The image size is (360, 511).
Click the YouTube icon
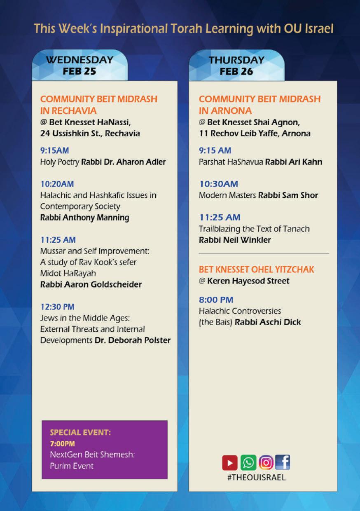(x=230, y=462)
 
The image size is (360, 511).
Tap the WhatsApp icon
(x=248, y=462)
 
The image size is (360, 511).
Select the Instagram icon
(x=266, y=462)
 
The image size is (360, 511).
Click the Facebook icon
(x=283, y=462)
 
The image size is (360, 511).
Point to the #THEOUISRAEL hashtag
(x=256, y=478)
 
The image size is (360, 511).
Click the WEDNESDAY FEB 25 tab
(x=79, y=65)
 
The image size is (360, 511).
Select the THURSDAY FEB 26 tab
(x=236, y=65)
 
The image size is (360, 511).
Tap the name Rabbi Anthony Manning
(x=84, y=217)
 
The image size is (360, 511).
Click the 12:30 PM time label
(x=58, y=307)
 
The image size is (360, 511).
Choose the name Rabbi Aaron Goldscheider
(x=91, y=284)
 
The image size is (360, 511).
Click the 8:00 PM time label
(x=216, y=300)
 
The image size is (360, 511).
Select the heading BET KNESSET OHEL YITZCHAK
(x=257, y=270)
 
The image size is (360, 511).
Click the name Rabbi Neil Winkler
(x=235, y=239)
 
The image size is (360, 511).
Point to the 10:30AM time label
(x=218, y=184)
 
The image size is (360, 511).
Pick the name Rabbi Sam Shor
(x=288, y=195)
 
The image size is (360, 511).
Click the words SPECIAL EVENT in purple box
(x=80, y=433)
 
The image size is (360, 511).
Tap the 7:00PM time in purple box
(x=62, y=443)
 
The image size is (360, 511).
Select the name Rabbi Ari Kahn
(x=294, y=162)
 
